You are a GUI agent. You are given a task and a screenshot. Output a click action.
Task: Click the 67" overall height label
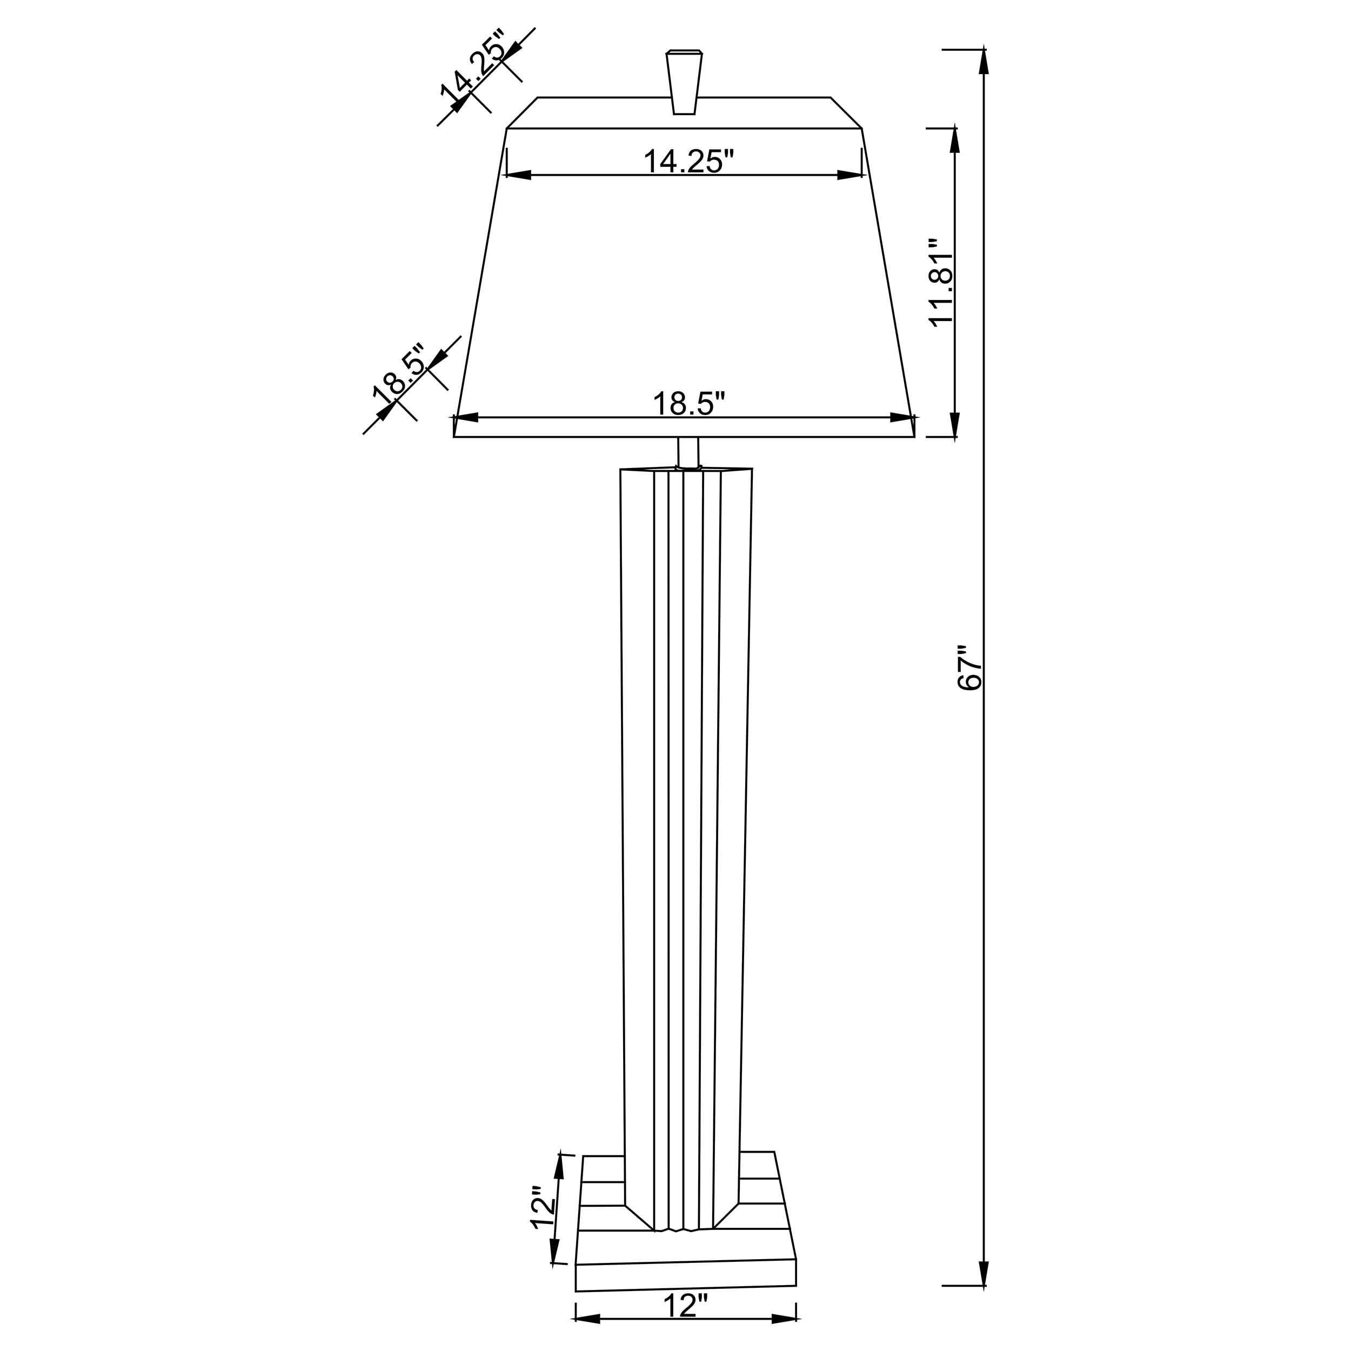(x=970, y=668)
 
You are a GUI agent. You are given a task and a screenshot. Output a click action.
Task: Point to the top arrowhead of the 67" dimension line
(x=984, y=62)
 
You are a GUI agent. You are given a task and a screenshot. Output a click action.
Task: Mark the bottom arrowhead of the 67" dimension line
(x=984, y=1272)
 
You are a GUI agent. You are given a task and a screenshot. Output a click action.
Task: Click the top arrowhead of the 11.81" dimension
(x=954, y=141)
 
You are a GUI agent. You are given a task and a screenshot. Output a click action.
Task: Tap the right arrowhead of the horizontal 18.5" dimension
(x=902, y=418)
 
